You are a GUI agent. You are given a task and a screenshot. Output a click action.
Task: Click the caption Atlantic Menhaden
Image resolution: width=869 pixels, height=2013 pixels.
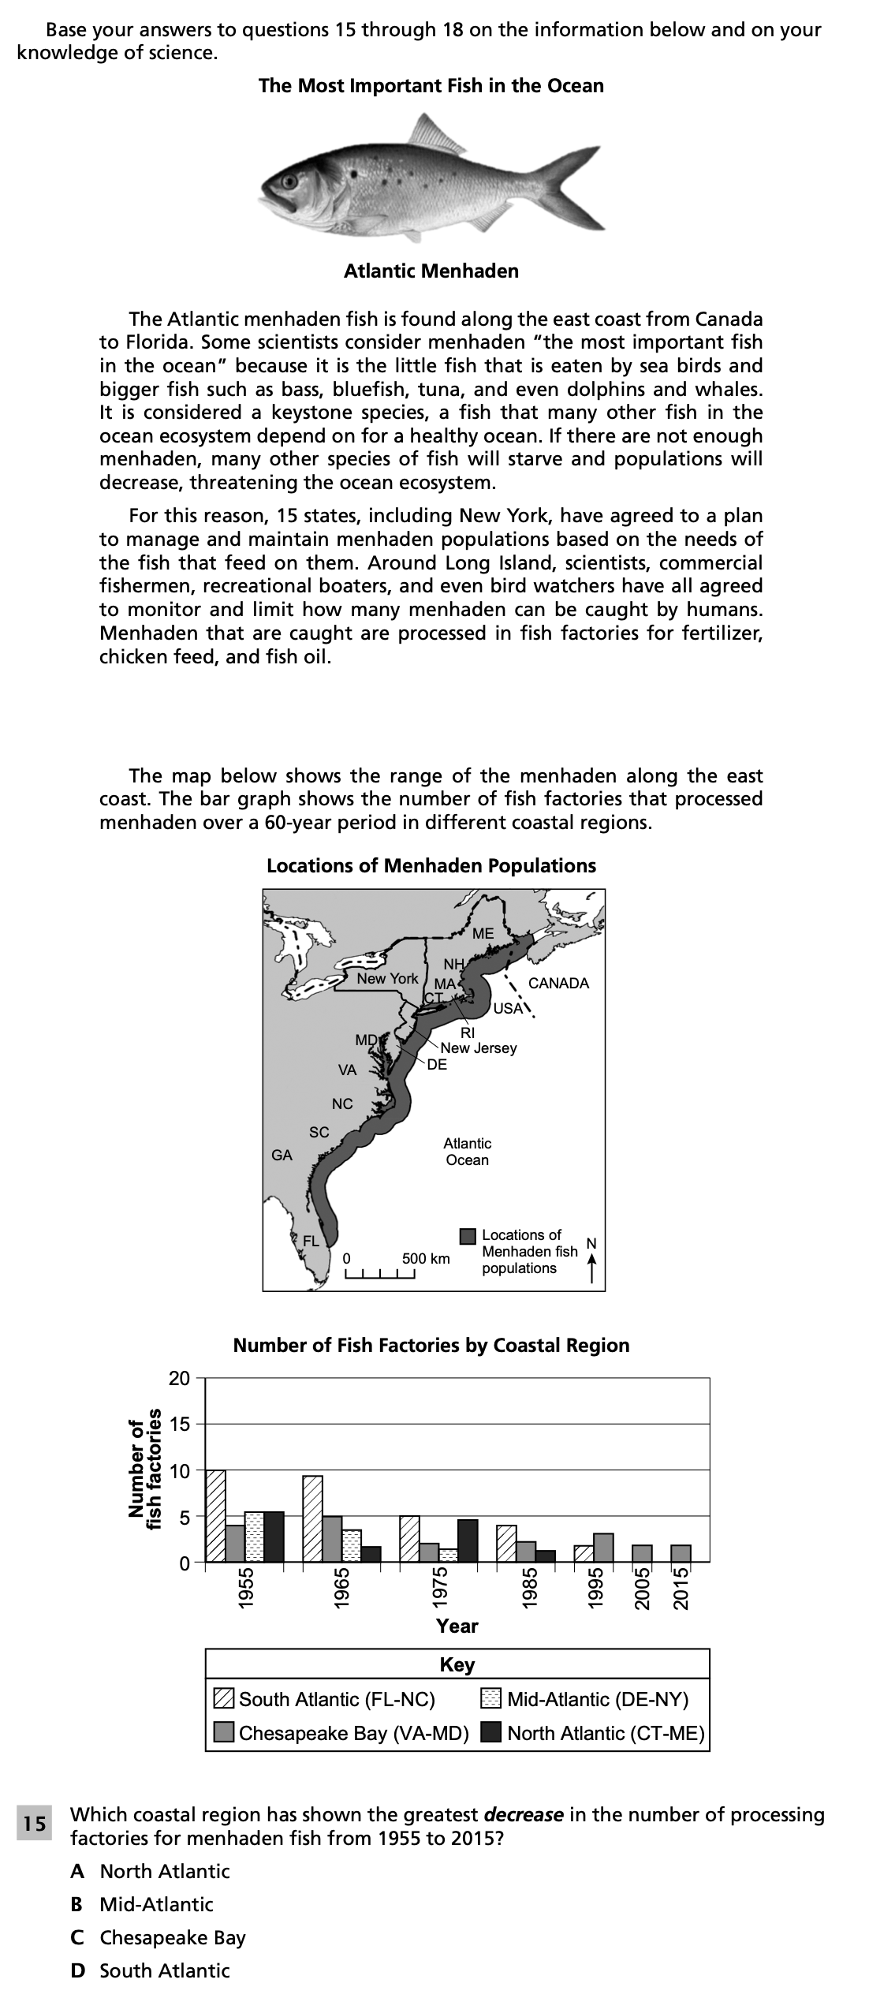point(431,271)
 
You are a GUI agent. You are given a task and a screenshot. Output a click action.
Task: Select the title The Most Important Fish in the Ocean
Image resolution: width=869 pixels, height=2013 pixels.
point(431,86)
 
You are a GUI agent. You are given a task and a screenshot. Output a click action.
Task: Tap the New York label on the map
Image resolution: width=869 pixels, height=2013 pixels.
point(387,978)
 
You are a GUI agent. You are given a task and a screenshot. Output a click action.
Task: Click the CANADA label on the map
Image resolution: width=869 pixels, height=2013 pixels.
point(558,983)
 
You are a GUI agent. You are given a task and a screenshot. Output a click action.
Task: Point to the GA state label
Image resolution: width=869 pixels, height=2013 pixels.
point(282,1155)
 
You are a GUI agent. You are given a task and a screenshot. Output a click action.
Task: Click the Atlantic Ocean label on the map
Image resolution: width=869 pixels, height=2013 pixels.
point(467,1151)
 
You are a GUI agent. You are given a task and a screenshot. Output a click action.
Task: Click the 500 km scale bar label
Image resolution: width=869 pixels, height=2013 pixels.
point(426,1258)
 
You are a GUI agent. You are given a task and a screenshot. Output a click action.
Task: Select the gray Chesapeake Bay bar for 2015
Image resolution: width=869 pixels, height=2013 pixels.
point(681,1552)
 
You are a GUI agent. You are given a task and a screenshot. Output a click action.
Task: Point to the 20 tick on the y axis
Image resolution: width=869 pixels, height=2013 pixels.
point(179,1378)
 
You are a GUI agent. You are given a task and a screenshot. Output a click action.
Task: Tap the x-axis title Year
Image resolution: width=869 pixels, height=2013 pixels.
point(457,1626)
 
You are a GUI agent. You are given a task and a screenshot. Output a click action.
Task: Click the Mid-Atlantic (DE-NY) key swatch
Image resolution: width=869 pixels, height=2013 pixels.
point(491,1698)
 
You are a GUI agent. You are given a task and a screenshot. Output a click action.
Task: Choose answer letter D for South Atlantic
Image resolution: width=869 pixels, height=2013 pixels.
point(77,1970)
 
